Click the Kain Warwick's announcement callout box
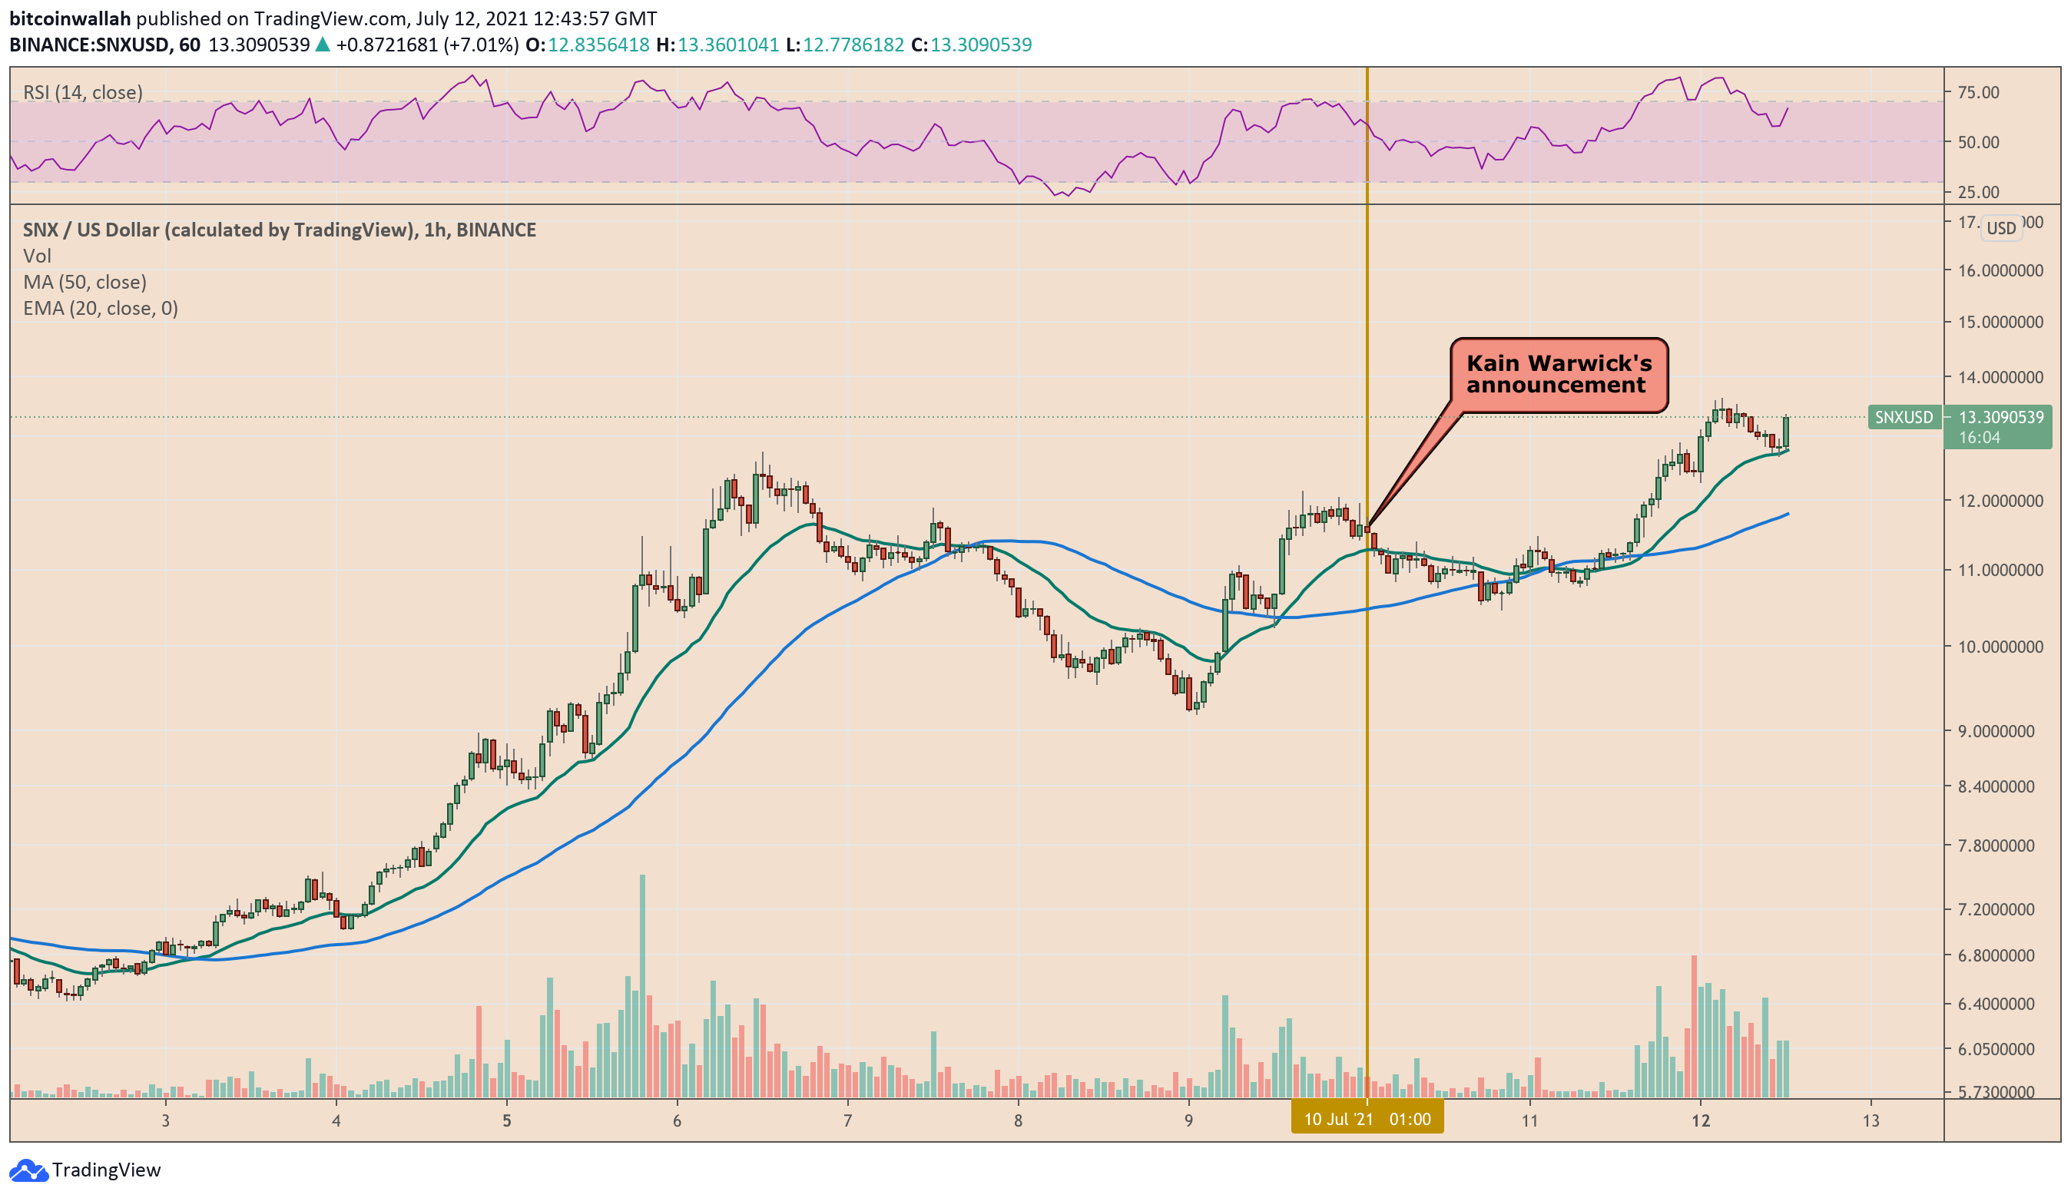point(1558,375)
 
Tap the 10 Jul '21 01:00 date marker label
point(1367,1119)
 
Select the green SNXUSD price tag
point(1904,418)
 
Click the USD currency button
point(2000,227)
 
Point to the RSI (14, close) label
point(83,92)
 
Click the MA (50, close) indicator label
point(84,282)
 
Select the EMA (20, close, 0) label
point(101,308)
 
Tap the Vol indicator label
point(37,256)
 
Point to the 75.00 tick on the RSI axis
point(1978,92)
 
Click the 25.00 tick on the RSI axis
point(1978,192)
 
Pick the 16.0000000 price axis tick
point(2000,270)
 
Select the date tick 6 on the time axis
point(678,1120)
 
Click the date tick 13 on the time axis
point(1871,1120)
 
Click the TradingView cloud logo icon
point(28,1170)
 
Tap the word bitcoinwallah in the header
point(70,18)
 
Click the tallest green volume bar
point(642,986)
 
